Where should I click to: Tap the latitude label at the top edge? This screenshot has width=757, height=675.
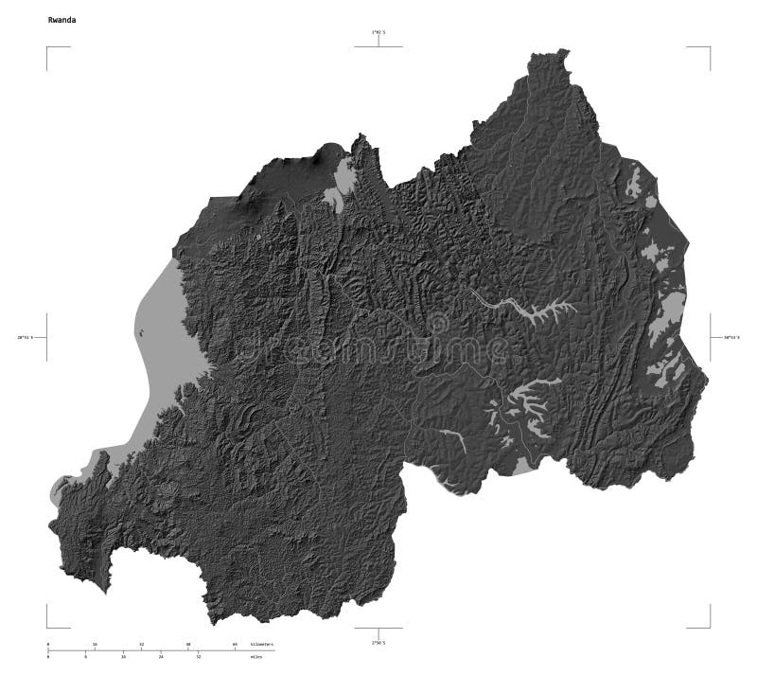point(378,32)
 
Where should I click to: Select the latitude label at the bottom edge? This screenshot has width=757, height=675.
point(378,643)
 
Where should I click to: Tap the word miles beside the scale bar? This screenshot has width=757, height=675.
point(255,656)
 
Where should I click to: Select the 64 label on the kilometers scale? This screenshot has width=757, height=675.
point(235,645)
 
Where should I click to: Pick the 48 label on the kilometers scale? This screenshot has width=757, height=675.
point(188,645)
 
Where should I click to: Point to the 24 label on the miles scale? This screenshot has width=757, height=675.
point(161,656)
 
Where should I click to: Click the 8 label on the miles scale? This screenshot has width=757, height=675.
point(85,656)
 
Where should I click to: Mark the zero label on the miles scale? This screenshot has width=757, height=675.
point(48,656)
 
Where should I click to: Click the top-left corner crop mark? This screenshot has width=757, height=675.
point(47,46)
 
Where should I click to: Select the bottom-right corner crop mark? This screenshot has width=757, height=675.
point(709,626)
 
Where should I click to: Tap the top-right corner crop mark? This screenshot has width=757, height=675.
point(709,46)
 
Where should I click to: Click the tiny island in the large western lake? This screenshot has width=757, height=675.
point(140,332)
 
